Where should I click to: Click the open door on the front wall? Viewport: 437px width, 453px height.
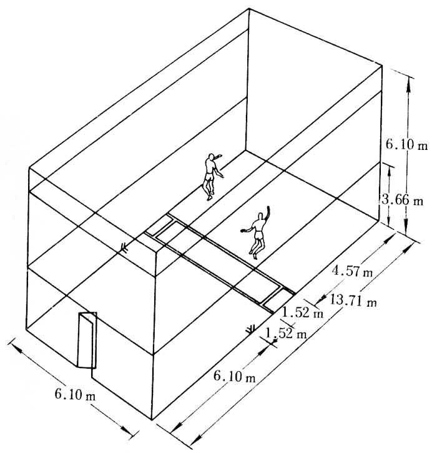click(87, 341)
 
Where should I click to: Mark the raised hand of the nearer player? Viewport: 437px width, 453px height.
click(270, 207)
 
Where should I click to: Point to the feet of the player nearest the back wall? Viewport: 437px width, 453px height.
click(210, 196)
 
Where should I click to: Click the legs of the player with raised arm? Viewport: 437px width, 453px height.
click(256, 247)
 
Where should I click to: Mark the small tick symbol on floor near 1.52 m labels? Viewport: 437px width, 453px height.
click(252, 328)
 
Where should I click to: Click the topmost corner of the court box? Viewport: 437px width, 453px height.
click(249, 8)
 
